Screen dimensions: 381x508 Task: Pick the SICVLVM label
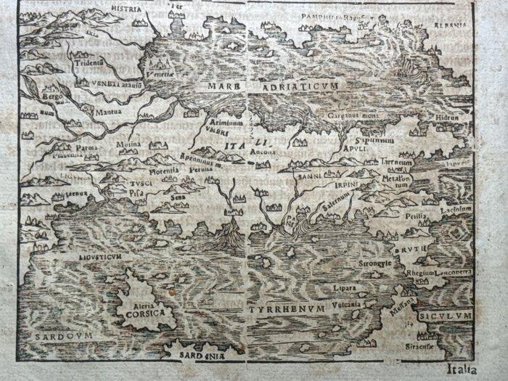(445, 317)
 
